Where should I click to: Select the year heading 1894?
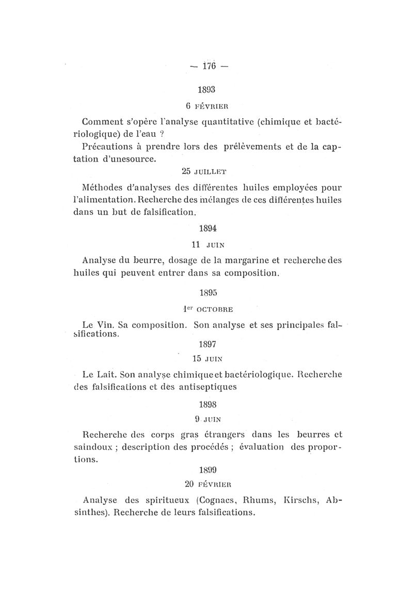(208, 227)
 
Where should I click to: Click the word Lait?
(106, 373)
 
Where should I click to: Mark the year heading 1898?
(208, 405)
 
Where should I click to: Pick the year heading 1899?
(208, 470)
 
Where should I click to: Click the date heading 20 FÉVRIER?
(207, 484)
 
